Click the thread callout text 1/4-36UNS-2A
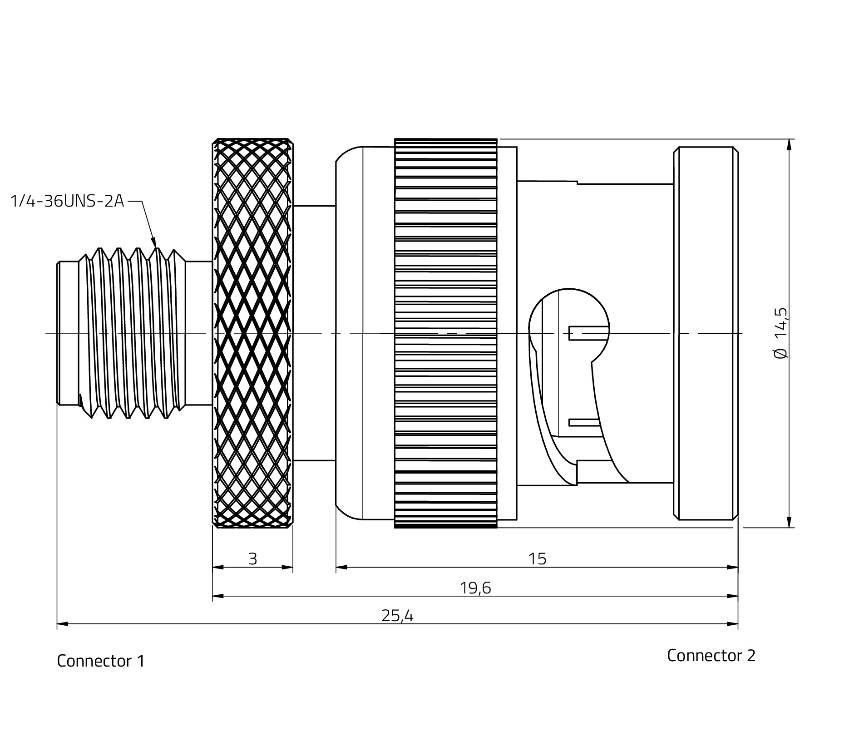(67, 201)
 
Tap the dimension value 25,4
(397, 616)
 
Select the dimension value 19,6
(475, 588)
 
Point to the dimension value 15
(537, 559)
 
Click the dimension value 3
(253, 559)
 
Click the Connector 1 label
(100, 661)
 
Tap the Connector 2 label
(711, 655)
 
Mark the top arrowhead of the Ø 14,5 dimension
(790, 144)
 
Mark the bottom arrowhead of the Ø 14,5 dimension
(790, 522)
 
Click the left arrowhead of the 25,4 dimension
(63, 624)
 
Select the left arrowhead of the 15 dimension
(341, 567)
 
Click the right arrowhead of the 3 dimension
(287, 567)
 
